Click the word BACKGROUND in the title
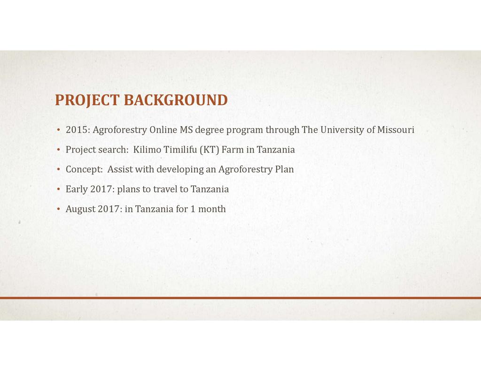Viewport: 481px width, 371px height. coord(176,100)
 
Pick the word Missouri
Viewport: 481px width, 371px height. coord(396,130)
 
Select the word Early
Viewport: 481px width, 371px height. coord(77,189)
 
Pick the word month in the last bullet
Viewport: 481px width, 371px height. coord(212,209)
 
